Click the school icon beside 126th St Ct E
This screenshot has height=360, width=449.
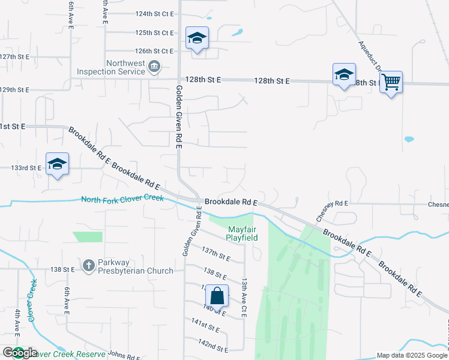tap(197, 39)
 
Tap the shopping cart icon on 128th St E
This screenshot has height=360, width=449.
tap(391, 82)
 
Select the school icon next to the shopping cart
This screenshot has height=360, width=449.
tap(344, 75)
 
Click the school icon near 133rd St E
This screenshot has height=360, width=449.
tap(57, 164)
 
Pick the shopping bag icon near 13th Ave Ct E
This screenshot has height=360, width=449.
tap(217, 296)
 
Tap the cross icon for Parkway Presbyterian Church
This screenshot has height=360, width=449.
tap(88, 265)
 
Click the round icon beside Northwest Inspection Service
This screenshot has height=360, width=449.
tap(154, 66)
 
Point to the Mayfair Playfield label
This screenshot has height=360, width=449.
tap(242, 233)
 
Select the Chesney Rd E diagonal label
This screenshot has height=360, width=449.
tap(323, 211)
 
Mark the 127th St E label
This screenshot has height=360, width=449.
tap(15, 56)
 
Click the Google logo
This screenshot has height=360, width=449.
tap(19, 353)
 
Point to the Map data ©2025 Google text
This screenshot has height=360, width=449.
tap(411, 355)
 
